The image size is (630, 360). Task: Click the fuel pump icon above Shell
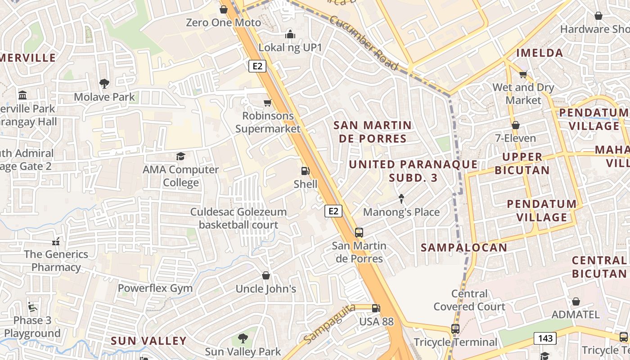point(305,171)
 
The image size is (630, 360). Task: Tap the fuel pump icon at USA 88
point(376,308)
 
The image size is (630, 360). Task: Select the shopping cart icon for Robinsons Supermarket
point(267,103)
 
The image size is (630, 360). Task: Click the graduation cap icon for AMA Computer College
point(180,156)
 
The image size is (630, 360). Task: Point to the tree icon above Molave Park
point(104,83)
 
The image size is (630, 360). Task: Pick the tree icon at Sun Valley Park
point(243,338)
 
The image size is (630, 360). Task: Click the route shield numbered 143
point(545,338)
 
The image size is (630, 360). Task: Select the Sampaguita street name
point(329,323)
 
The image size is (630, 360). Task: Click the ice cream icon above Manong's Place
point(401,198)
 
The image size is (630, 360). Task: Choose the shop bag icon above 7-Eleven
point(515,125)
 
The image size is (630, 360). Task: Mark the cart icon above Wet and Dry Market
point(523,74)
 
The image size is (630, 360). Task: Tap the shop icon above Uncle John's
point(266,275)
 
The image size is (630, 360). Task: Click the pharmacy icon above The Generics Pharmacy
point(56,242)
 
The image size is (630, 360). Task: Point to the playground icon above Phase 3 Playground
point(32,307)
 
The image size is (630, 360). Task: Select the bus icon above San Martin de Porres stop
point(359,233)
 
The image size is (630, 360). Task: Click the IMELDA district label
point(540,53)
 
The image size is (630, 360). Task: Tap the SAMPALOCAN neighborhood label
point(463,247)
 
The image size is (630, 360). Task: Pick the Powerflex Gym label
point(155,288)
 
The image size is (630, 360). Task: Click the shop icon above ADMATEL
point(576,301)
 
